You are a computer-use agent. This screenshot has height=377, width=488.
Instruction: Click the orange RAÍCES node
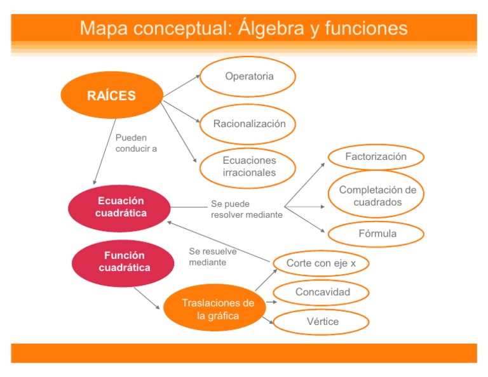[111, 95]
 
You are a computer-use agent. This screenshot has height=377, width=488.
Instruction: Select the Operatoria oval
[248, 77]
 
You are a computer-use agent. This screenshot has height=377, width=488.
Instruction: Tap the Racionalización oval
[248, 124]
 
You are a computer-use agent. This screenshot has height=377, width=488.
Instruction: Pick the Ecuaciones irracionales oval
[248, 167]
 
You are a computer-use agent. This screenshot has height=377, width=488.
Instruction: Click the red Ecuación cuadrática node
[120, 207]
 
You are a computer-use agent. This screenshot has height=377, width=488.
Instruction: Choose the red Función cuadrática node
[123, 261]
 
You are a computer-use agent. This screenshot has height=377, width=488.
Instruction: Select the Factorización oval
[376, 157]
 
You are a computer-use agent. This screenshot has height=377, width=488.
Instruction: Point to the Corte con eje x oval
[320, 263]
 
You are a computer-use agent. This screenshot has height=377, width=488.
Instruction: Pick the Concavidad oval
[322, 293]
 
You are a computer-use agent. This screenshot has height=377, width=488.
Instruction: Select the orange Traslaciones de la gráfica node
[218, 308]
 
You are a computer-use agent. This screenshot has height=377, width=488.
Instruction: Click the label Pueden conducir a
[135, 143]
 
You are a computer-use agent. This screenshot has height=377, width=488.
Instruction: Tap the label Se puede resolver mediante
[246, 209]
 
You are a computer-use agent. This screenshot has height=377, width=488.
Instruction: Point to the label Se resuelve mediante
[212, 256]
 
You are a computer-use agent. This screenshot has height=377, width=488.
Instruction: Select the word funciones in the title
[365, 29]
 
